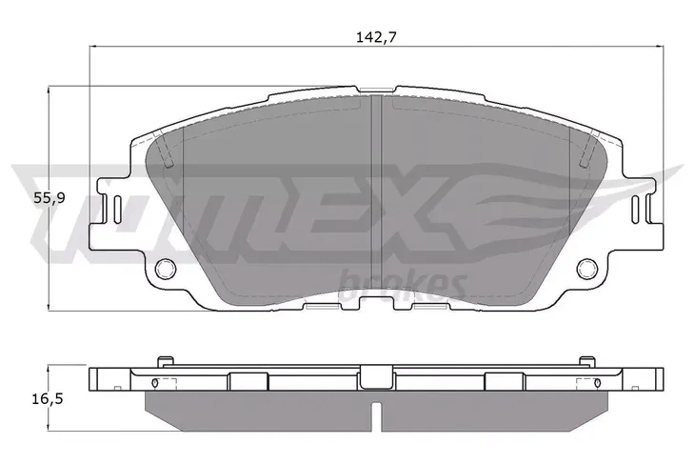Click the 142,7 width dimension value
pyautogui.click(x=376, y=38)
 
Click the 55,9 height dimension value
pyautogui.click(x=50, y=198)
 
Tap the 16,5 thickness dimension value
pyautogui.click(x=48, y=399)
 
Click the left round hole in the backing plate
pyautogui.click(x=166, y=268)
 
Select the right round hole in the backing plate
pyautogui.click(x=586, y=268)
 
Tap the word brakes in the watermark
pyautogui.click(x=404, y=286)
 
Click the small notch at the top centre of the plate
pyautogui.click(x=376, y=91)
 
